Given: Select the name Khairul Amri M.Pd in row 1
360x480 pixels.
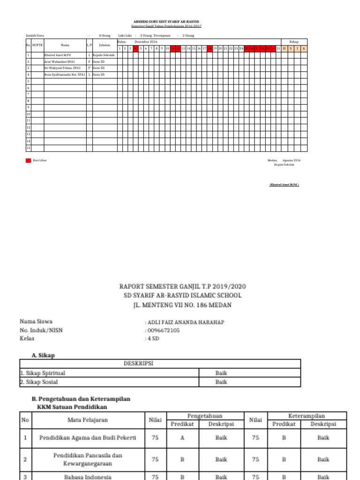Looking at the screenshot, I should (58, 55).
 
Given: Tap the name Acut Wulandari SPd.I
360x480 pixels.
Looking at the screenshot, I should (59, 61).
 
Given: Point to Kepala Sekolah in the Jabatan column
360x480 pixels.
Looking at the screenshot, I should (104, 55).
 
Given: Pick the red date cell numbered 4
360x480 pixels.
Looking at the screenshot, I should (135, 48).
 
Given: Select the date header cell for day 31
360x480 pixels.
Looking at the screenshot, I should (278, 48).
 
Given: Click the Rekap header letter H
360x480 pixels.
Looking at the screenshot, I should (284, 48).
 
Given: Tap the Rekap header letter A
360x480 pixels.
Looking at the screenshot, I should (304, 48).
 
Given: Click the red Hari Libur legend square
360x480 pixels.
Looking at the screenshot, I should (28, 160).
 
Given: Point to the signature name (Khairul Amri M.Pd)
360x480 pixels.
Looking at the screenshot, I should (284, 185).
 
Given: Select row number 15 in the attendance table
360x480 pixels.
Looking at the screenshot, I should (28, 148).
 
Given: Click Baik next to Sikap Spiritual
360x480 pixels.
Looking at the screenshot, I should (221, 373).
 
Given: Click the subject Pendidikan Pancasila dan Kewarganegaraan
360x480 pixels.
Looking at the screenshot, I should (88, 459).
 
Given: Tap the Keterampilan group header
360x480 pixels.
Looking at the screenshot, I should (307, 416).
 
